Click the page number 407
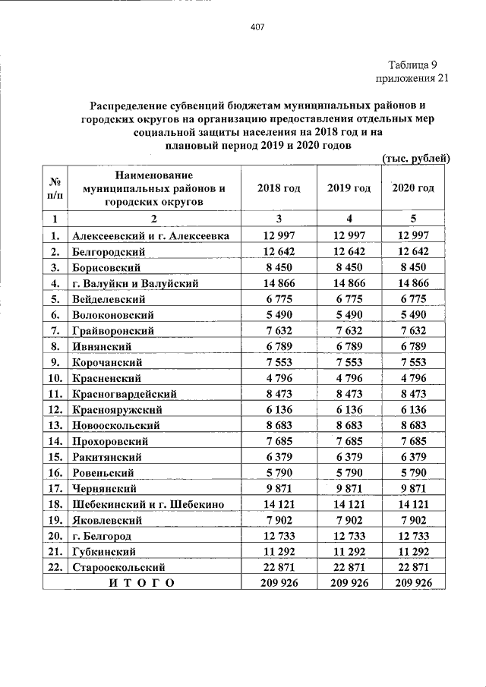tap(256, 28)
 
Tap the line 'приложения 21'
tap(405, 79)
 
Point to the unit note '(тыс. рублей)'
tap(415, 159)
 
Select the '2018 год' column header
tap(278, 188)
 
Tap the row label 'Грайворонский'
tap(113, 330)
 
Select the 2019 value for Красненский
tap(349, 377)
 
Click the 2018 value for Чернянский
tap(278, 488)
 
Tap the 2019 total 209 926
tap(349, 582)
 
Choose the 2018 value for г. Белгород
tap(278, 535)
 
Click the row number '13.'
tap(55, 425)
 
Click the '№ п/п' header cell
tap(55, 188)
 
